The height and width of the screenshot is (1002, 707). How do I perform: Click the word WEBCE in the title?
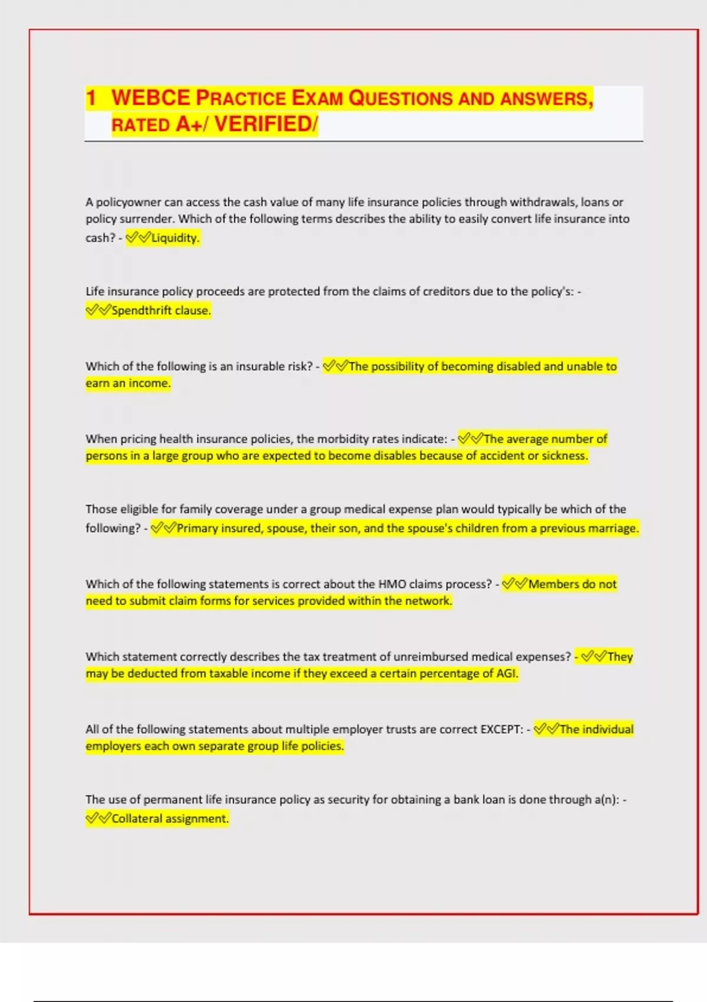[x=150, y=98]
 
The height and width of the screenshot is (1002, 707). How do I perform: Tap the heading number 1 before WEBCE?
[x=91, y=98]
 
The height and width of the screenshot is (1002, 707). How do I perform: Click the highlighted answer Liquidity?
[x=175, y=238]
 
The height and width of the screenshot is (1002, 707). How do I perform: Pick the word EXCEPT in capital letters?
[x=501, y=730]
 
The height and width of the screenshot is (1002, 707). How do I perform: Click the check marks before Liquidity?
[x=138, y=238]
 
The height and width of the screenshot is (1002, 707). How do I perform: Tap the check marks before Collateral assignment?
[x=98, y=819]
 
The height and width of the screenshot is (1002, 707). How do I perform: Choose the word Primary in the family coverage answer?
[x=198, y=529]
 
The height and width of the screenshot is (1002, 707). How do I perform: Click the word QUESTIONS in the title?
[x=401, y=98]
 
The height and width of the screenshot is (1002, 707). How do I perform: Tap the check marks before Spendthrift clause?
[x=98, y=311]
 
